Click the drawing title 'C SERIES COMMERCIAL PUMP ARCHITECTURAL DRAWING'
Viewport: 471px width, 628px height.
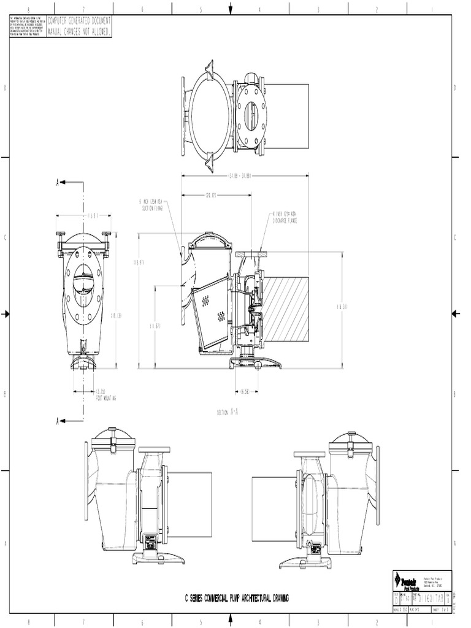point(237,597)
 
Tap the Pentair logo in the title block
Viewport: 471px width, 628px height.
point(405,580)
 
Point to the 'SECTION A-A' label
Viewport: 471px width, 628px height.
point(228,413)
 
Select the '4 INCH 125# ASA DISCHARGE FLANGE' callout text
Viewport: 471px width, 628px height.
point(285,216)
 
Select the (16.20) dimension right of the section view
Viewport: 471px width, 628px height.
point(342,306)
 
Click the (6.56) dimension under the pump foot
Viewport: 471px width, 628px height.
point(244,390)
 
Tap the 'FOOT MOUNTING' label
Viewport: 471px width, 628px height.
point(106,397)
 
